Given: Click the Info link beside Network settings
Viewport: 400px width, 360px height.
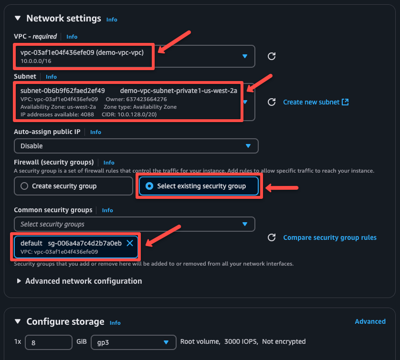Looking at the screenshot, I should point(112,20).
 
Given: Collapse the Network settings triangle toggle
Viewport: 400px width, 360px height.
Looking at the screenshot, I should point(18,19).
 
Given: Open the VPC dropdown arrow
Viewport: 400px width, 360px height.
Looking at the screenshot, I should point(245,56).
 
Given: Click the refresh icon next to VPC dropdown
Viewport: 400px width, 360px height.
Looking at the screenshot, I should point(272,56).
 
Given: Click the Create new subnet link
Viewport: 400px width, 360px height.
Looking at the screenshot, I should point(316,102).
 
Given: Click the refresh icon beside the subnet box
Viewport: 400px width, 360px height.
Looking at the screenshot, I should point(272,102).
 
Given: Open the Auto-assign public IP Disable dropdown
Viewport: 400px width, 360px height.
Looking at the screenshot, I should point(136,146).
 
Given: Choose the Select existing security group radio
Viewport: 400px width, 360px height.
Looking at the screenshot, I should point(149,186).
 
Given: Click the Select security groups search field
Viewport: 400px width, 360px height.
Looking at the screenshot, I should point(129,224).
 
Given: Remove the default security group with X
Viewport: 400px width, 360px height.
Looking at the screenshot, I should point(130,243).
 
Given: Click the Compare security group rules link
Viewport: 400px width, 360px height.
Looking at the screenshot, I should point(330,237).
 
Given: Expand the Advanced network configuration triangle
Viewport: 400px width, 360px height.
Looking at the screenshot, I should point(19,281).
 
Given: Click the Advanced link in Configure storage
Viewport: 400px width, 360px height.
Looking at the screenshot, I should point(370,321).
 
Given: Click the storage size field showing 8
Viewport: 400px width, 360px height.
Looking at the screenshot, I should point(48,342).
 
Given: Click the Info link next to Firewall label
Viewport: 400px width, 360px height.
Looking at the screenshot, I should point(109,163).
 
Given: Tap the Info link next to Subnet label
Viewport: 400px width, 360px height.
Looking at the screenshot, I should point(51,77).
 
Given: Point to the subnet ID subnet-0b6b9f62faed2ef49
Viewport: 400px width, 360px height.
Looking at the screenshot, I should point(63,91).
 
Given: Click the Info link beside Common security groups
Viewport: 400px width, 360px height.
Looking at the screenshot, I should point(107,210).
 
